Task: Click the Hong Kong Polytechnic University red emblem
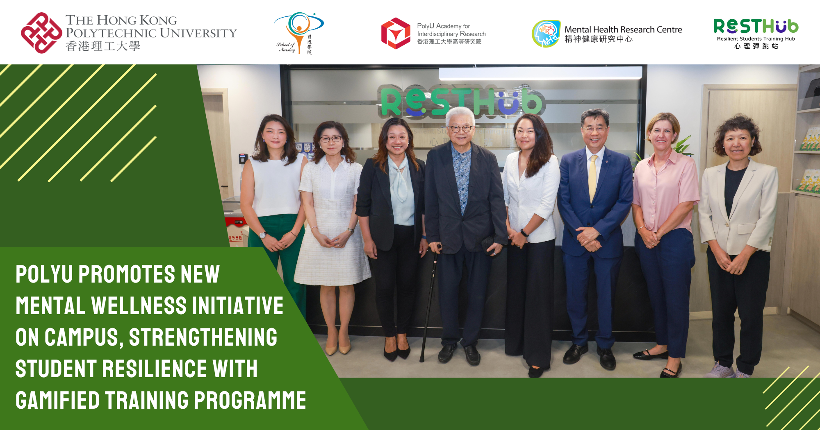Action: [41, 33]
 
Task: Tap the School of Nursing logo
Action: [298, 33]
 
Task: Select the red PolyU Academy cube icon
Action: [395, 33]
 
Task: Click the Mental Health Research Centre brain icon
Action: [546, 34]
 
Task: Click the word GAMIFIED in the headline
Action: [57, 401]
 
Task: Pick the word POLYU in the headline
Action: [44, 274]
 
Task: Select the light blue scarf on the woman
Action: [400, 180]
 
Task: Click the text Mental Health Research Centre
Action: [623, 29]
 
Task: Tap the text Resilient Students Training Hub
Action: [756, 39]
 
